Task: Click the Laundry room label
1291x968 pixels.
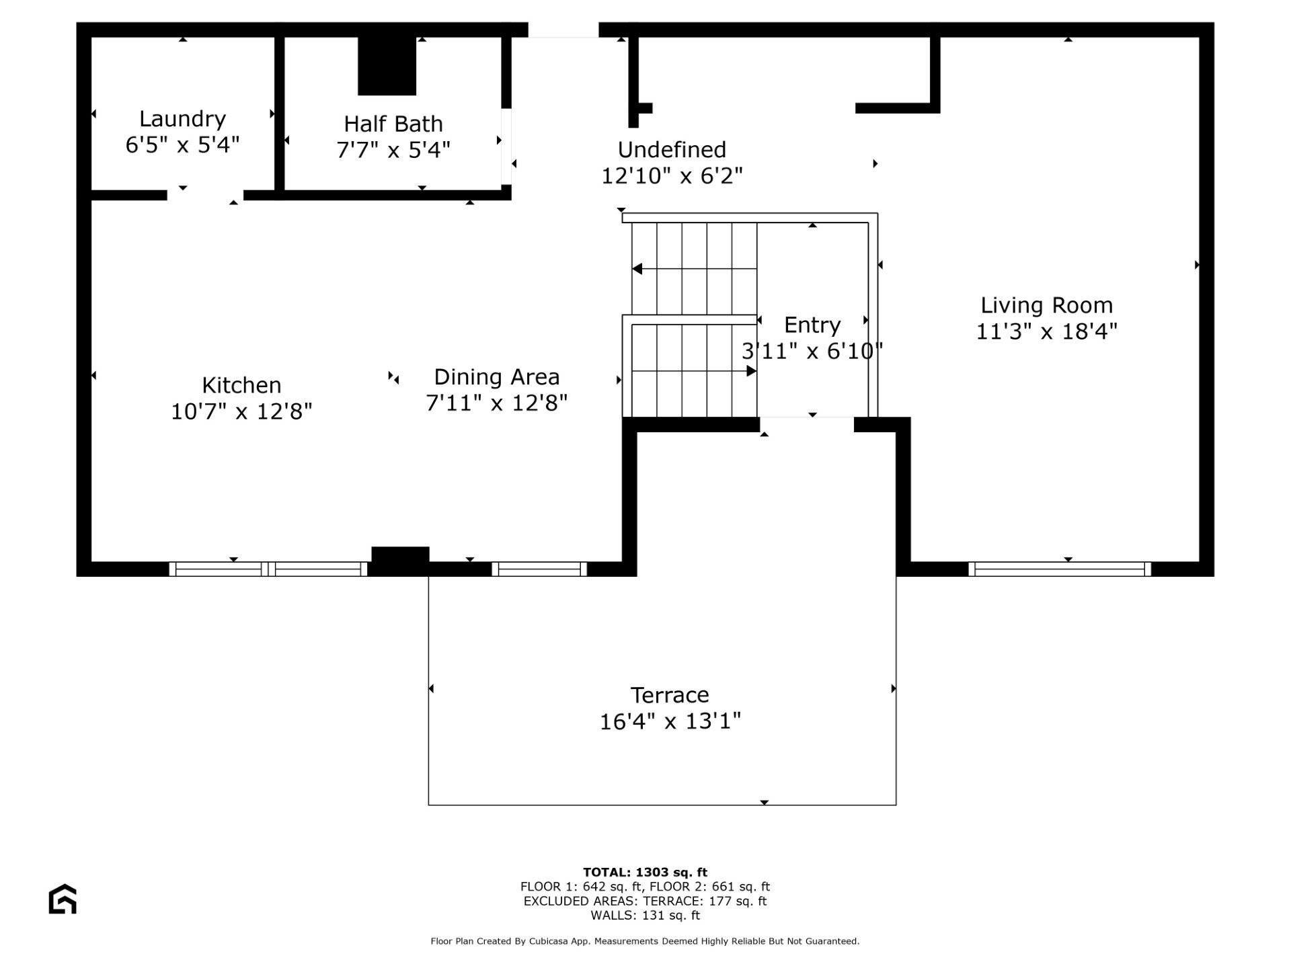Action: point(182,119)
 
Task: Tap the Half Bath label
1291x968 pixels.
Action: point(393,124)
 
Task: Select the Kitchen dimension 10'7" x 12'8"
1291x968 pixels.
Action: point(241,411)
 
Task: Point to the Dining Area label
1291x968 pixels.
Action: point(497,377)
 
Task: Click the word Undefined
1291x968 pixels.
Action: point(672,149)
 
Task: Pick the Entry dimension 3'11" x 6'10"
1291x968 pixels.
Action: point(812,351)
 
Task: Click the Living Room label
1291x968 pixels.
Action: point(1046,306)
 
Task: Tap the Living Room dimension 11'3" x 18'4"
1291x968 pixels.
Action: point(1046,331)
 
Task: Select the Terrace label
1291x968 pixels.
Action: point(670,695)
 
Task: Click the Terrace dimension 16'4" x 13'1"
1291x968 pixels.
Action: point(670,721)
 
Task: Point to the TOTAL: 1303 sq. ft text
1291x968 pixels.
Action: point(645,873)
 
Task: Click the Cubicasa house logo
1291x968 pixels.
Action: point(63,899)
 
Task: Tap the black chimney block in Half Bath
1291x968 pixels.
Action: point(387,66)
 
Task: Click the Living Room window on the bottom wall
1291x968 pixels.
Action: point(1060,569)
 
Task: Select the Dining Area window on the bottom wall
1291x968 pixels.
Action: point(539,569)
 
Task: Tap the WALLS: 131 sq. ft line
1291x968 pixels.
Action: point(645,916)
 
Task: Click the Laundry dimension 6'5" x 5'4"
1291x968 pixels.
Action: point(182,145)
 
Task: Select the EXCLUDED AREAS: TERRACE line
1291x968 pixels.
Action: point(645,901)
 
